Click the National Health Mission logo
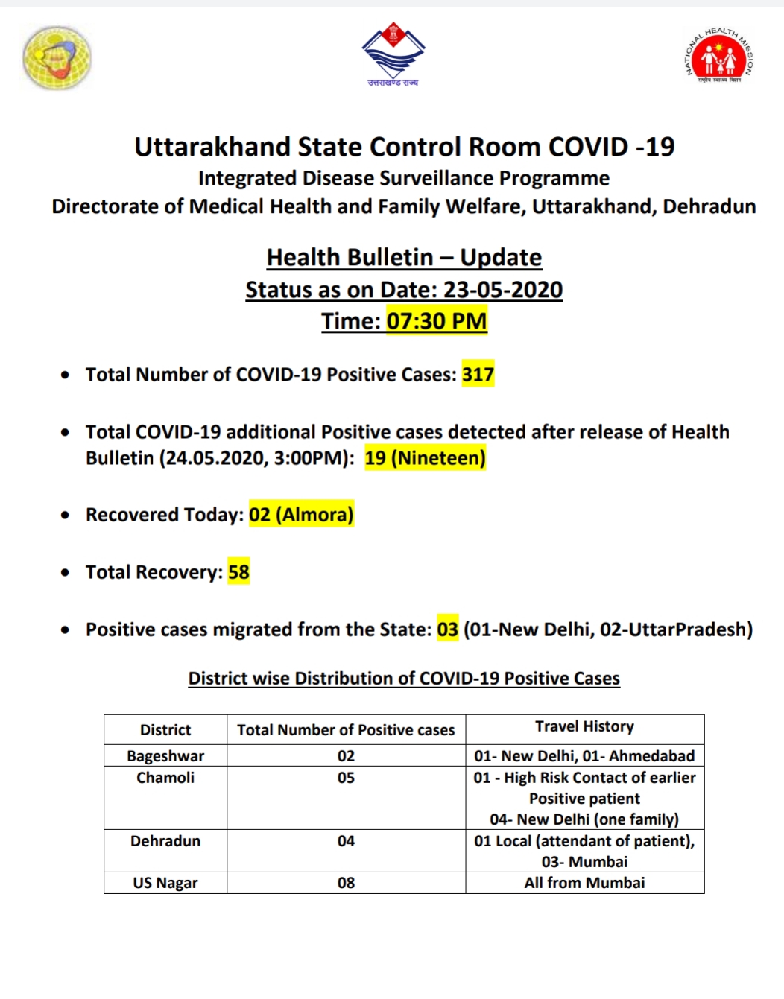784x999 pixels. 718,57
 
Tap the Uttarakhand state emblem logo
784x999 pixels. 393,55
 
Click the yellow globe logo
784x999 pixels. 57,58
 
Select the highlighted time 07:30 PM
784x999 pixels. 436,321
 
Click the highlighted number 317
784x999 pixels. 478,374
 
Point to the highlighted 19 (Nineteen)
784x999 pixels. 425,457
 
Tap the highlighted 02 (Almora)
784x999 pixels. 301,515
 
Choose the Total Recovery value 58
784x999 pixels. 238,572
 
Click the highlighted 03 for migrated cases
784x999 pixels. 447,629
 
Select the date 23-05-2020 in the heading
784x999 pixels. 503,290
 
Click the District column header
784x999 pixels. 165,730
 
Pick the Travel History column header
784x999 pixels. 584,726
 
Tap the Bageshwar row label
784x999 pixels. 165,756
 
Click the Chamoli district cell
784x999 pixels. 165,778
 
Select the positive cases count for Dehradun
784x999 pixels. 346,841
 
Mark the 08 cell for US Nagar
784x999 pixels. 346,883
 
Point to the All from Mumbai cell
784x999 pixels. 584,883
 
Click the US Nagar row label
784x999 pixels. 165,883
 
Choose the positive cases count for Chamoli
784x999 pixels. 346,778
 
